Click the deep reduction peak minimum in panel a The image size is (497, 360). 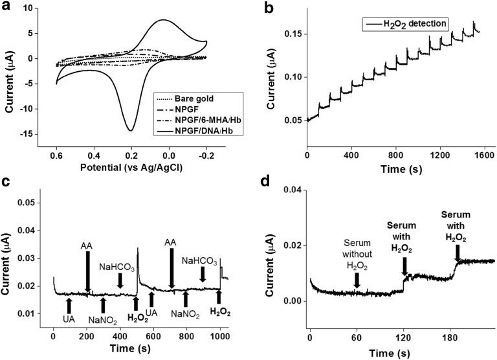131,130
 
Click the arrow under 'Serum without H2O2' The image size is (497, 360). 357,279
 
